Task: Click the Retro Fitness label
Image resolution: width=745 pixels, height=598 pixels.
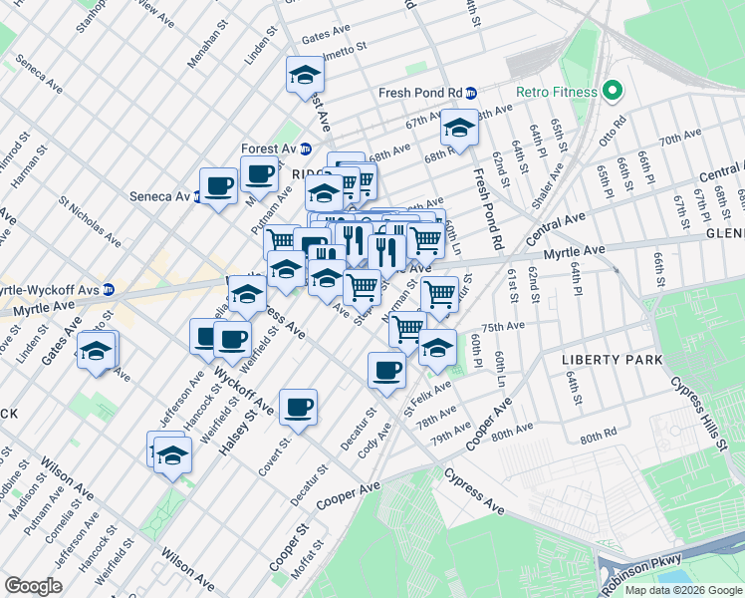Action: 556,93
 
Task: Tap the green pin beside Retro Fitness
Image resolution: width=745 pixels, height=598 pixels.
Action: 612,93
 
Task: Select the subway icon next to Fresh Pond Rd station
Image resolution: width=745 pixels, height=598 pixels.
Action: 471,93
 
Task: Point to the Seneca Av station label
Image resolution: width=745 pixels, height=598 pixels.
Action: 159,196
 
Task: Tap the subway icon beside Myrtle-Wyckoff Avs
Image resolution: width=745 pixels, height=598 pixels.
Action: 109,290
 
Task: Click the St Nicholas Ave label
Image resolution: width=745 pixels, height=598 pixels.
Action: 90,221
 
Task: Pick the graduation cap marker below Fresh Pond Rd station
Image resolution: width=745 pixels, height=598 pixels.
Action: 459,128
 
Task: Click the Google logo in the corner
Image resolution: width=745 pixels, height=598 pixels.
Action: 33,586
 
